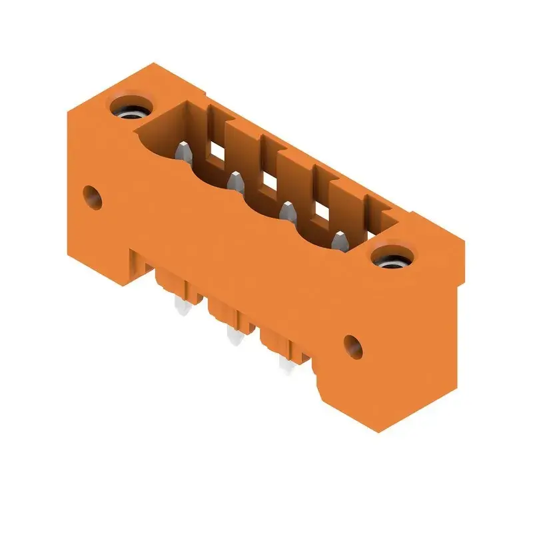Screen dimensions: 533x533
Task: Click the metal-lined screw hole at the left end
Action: pyautogui.click(x=129, y=108)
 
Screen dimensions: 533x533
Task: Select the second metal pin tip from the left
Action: pyautogui.click(x=235, y=181)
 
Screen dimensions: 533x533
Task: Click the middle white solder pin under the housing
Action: pyautogui.click(x=233, y=338)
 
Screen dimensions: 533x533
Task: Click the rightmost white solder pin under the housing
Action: pyautogui.click(x=284, y=366)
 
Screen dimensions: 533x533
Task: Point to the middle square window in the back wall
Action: pyautogui.click(x=269, y=181)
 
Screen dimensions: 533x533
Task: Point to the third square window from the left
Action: pyautogui.click(x=320, y=212)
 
